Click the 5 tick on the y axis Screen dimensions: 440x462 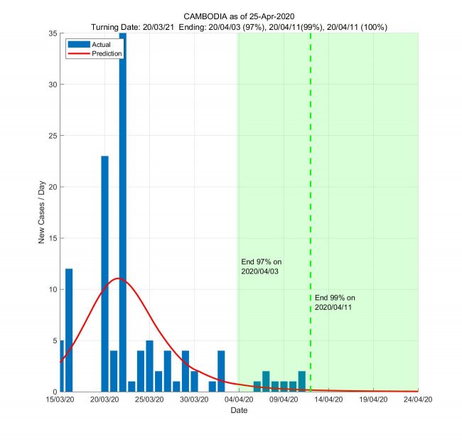pyautogui.click(x=54, y=340)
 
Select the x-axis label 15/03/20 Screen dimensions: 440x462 pyautogui.click(x=60, y=400)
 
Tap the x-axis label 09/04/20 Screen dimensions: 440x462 pyautogui.click(x=283, y=400)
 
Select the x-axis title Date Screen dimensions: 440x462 pyautogui.click(x=239, y=411)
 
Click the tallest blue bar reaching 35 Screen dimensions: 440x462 pyautogui.click(x=122, y=213)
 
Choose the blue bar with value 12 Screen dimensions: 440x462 pyautogui.click(x=69, y=330)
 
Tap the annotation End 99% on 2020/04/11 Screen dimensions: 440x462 pyautogui.click(x=334, y=302)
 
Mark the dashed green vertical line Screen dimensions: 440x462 pyautogui.click(x=311, y=178)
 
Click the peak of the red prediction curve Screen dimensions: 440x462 pyautogui.click(x=118, y=279)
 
